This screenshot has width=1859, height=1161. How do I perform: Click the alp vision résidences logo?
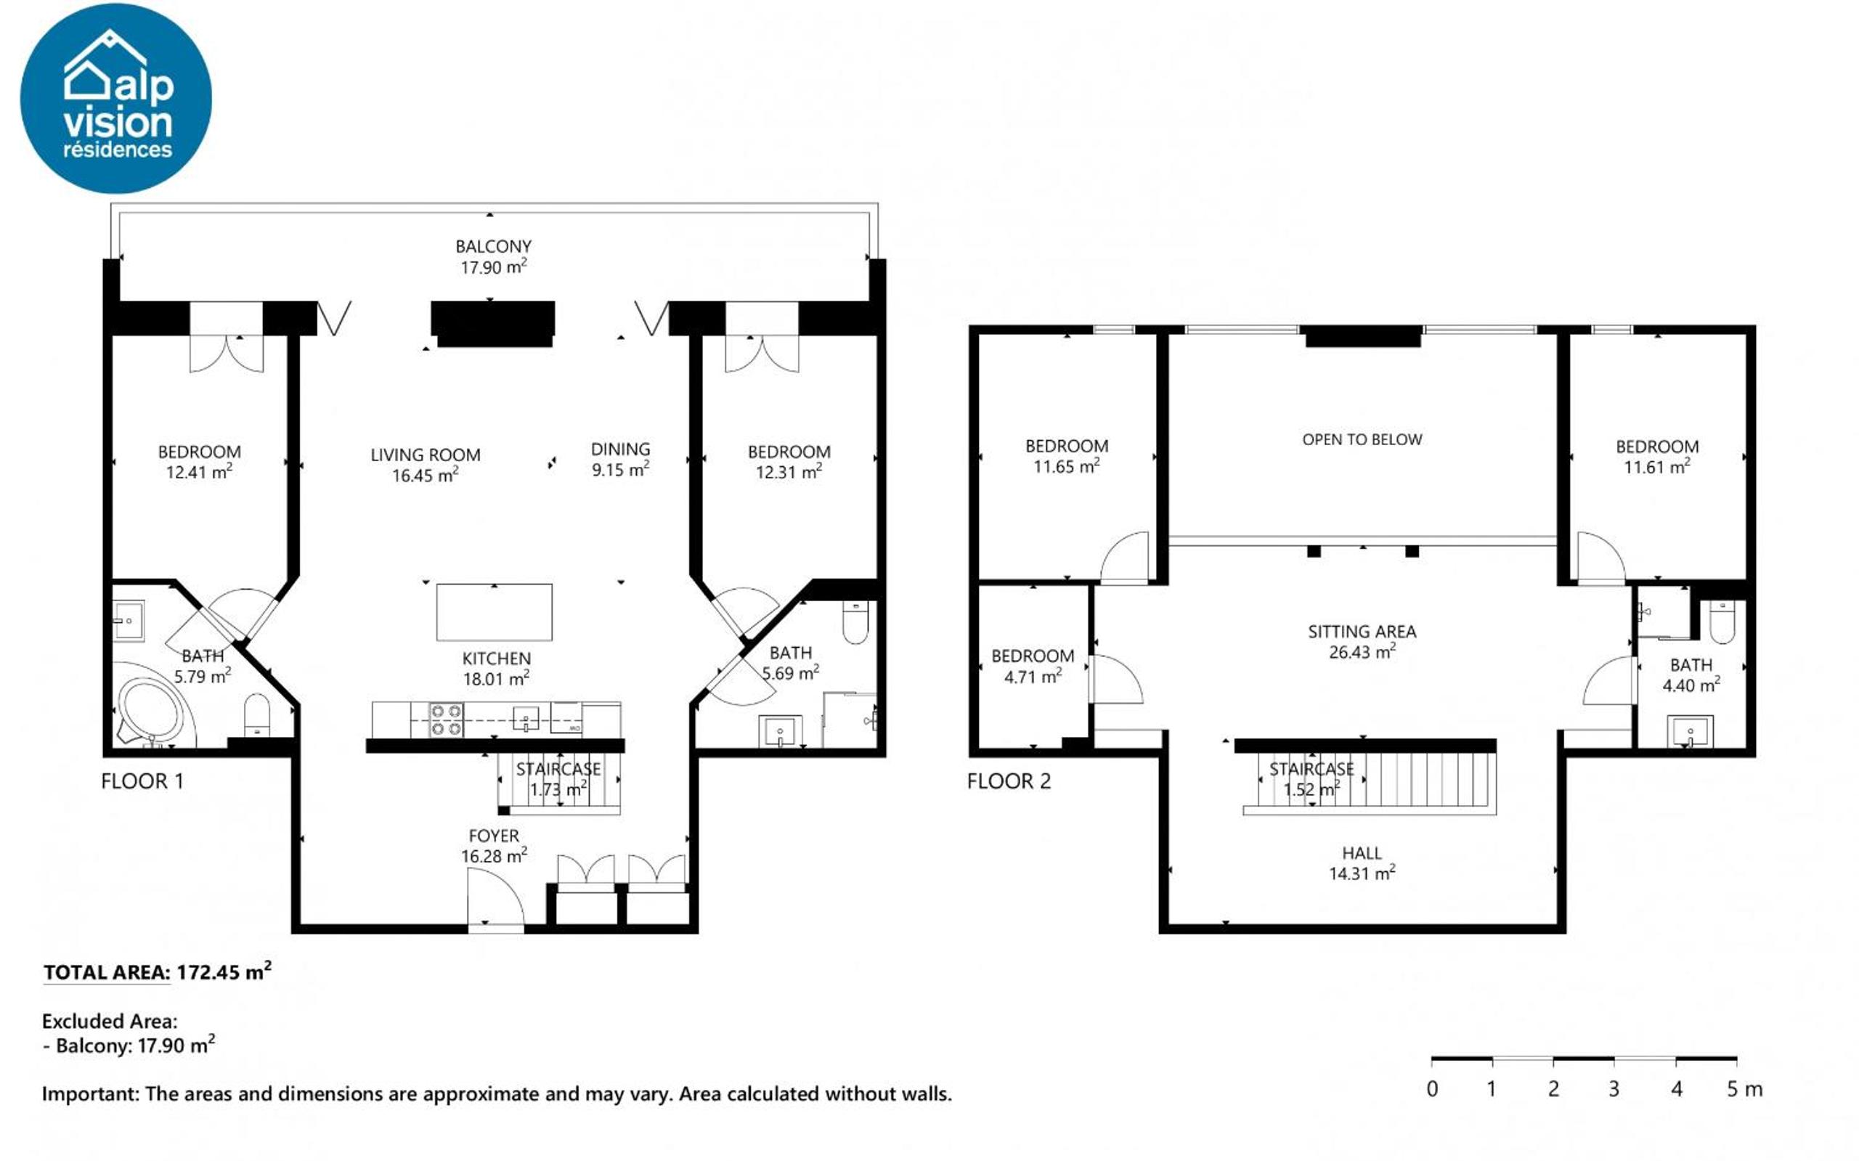click(116, 98)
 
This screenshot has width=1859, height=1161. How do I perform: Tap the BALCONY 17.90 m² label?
click(493, 256)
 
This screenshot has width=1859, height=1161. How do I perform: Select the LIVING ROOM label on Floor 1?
click(426, 455)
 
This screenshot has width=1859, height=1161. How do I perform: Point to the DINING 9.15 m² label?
click(620, 459)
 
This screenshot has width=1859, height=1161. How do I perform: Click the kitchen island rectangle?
click(494, 612)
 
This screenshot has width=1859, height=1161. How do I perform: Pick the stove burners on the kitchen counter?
click(445, 720)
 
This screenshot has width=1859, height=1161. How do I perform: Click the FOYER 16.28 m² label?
click(494, 845)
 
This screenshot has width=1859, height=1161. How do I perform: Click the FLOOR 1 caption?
click(142, 781)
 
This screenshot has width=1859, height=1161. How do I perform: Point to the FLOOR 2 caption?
click(1008, 781)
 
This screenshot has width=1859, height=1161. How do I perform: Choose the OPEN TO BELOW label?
click(1362, 439)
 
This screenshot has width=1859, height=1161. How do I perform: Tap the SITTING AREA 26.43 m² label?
click(1362, 641)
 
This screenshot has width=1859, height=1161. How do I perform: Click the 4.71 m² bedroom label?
click(1033, 666)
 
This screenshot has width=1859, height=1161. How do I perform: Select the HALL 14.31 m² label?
click(1362, 863)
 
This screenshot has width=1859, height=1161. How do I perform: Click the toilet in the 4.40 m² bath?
click(1722, 623)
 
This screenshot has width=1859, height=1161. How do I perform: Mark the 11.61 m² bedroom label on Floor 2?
click(1657, 456)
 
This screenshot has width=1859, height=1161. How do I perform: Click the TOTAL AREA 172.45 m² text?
click(158, 971)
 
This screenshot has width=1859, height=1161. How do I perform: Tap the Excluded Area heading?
click(110, 1022)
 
